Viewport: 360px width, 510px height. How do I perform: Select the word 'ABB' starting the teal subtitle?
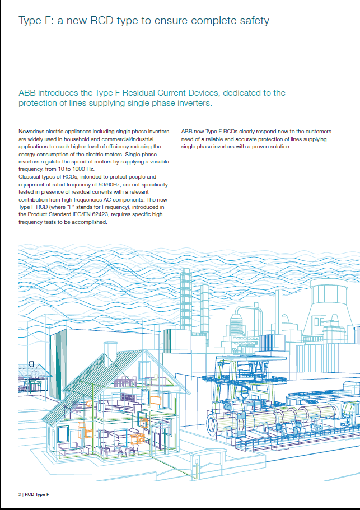[x=28, y=93]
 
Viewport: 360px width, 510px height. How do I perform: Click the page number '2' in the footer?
[x=20, y=494]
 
